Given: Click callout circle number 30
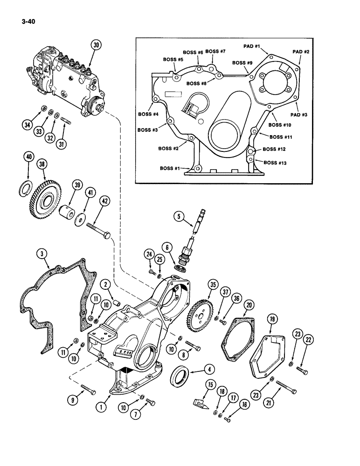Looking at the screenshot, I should [96, 45].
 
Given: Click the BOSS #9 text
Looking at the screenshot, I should [242, 62].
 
